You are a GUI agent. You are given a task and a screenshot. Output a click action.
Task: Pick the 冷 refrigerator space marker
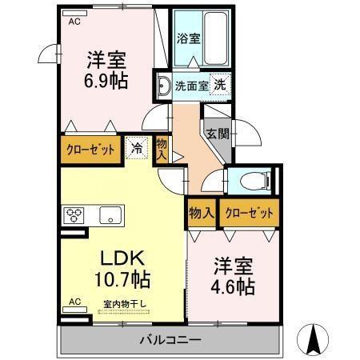(x=136, y=147)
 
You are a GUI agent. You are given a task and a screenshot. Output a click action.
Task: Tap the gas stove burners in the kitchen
(x=75, y=215)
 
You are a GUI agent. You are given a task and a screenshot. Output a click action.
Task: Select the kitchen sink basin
(x=110, y=215)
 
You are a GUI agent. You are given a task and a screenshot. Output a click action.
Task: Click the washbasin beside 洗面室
(x=163, y=86)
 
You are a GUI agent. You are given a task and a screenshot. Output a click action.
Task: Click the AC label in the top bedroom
(x=74, y=21)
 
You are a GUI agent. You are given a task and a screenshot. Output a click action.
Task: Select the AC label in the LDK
(x=74, y=302)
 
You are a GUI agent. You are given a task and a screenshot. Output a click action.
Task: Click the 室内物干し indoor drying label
(x=120, y=303)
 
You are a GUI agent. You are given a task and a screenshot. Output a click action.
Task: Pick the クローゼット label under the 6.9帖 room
(x=89, y=149)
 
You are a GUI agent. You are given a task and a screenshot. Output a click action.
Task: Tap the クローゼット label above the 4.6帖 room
(x=249, y=213)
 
